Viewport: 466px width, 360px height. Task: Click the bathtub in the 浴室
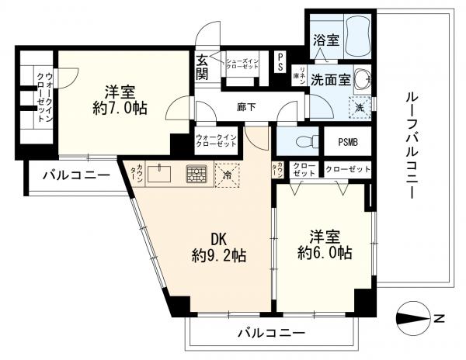point(356,34)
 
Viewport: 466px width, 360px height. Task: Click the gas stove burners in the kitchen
point(196,174)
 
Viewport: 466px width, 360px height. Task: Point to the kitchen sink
point(162,172)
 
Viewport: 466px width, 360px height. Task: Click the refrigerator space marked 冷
point(228,174)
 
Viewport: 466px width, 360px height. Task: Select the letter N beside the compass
point(439,317)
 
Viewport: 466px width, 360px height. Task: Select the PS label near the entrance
point(280,62)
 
